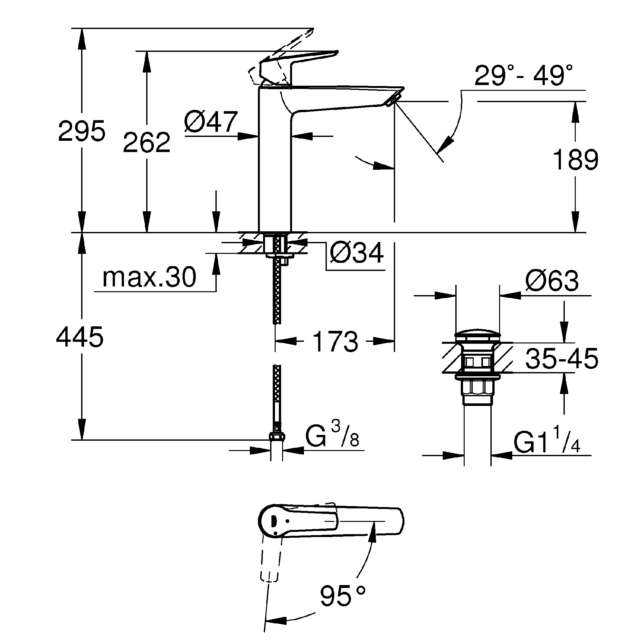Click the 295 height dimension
[x=82, y=131]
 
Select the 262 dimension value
[x=147, y=143]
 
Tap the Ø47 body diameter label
[x=211, y=122]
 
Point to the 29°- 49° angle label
[x=523, y=76]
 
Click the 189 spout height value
[x=575, y=160]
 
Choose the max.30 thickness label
[x=149, y=277]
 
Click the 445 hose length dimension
[x=80, y=337]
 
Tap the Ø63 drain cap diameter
[x=552, y=281]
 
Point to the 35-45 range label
[x=562, y=359]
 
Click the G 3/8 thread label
[x=332, y=438]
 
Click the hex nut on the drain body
[x=477, y=388]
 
